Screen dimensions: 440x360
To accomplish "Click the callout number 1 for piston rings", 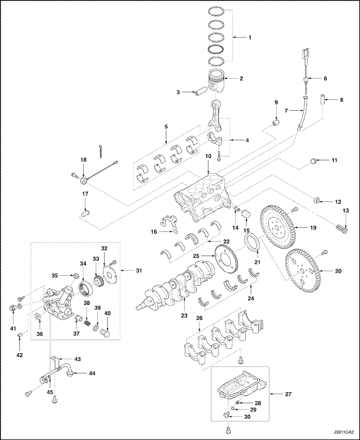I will [x=250, y=38].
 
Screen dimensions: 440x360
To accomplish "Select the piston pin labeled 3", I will [x=200, y=93].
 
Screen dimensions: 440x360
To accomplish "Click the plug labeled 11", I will [x=312, y=163].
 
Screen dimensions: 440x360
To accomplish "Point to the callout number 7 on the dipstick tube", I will [x=286, y=110].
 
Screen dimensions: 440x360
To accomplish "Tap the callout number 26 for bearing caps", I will [x=199, y=319].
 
